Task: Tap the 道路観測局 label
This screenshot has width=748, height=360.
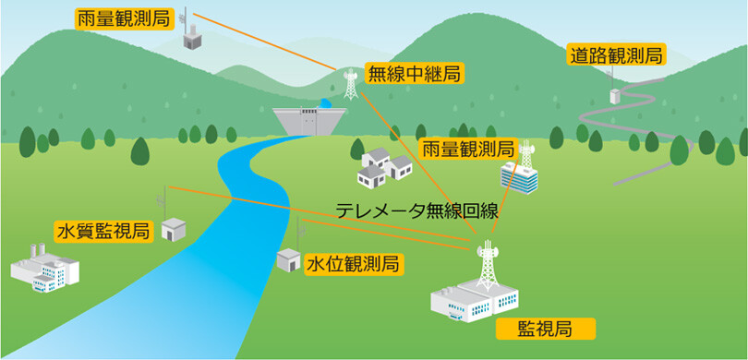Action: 615,55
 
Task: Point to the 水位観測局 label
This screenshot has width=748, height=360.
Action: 352,265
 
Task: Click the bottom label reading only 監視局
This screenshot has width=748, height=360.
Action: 545,328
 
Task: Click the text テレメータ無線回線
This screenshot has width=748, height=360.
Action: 416,210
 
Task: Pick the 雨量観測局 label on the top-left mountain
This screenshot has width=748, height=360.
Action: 123,17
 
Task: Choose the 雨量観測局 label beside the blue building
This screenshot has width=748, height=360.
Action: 467,149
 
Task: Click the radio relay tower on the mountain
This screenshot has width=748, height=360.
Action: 350,84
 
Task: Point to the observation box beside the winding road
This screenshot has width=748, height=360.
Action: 614,94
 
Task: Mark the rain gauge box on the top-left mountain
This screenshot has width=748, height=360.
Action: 191,41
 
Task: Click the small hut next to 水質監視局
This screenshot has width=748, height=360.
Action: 174,229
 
